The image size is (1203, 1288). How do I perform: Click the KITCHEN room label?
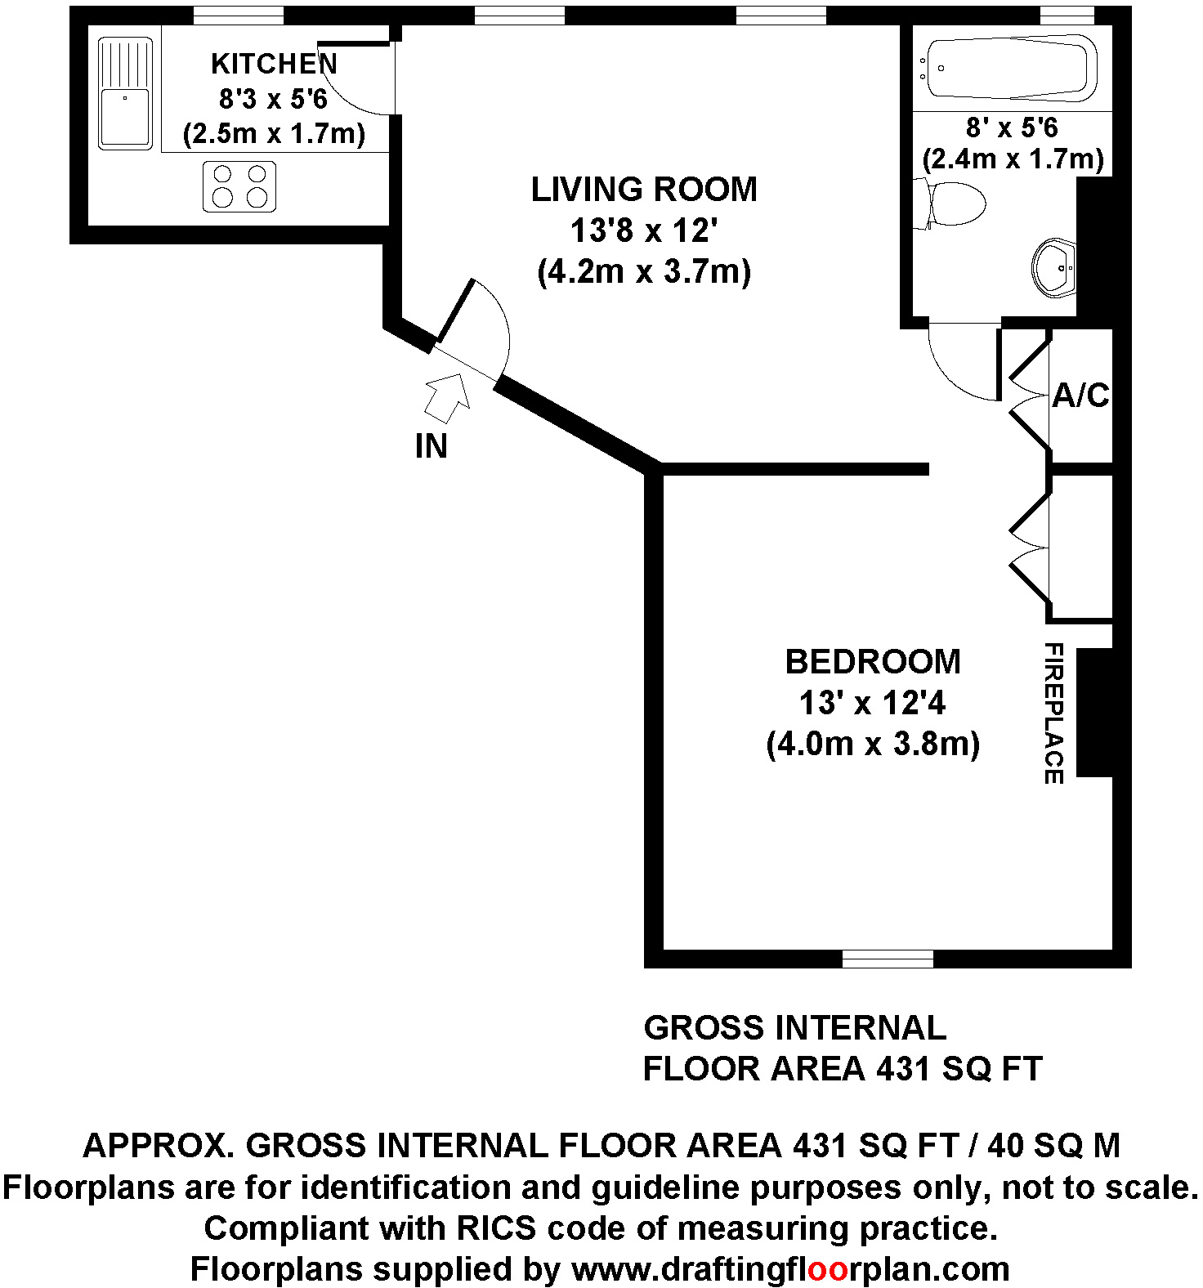(274, 64)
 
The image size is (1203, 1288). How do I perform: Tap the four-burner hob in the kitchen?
(239, 186)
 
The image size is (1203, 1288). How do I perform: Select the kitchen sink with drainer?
(125, 94)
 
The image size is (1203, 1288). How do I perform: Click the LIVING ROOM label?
(644, 190)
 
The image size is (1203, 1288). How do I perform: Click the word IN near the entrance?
(432, 446)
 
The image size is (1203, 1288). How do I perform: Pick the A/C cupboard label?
(1080, 396)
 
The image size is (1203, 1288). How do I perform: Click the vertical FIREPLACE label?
(1054, 713)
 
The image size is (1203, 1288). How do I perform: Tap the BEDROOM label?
(873, 662)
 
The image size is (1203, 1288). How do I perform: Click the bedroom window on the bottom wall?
(888, 959)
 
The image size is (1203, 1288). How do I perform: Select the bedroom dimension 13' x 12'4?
(873, 703)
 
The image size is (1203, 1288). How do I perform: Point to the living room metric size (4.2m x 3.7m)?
(644, 271)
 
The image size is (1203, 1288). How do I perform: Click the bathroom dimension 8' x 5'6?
(1012, 127)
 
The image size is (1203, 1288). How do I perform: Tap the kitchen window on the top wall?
(238, 16)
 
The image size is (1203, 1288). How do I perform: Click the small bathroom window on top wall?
(1067, 16)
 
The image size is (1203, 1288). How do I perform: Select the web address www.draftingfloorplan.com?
(790, 1269)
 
